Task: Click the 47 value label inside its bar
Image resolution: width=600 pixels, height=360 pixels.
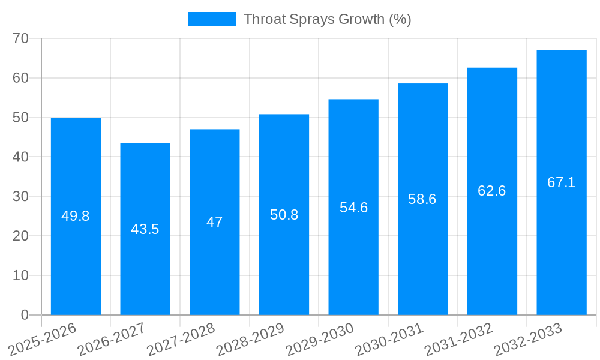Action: point(214,222)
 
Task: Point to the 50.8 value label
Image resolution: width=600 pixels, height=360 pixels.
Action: point(284,215)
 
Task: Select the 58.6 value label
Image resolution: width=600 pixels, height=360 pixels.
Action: point(422,199)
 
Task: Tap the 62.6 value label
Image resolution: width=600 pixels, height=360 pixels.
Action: point(491,191)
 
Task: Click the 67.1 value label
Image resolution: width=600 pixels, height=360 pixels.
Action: point(561,182)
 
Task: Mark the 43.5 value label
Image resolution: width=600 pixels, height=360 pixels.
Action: point(145,229)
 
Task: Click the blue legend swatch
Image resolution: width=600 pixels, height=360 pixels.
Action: point(212,19)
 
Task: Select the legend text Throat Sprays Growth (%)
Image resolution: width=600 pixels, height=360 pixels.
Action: point(327,19)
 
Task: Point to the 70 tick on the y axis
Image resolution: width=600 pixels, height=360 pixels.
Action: point(21,38)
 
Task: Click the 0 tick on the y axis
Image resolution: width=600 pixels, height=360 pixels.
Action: point(25,315)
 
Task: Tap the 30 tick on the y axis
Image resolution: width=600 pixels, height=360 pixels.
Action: point(21,196)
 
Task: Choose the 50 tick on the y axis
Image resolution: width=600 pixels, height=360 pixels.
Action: point(21,118)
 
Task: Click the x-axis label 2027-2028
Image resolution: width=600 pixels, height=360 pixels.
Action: point(181,339)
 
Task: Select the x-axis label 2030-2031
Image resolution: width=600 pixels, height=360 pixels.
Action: point(389,339)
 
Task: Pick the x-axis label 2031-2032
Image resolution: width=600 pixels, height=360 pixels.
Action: point(458,339)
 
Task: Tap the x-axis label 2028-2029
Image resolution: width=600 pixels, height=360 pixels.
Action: point(250,339)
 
